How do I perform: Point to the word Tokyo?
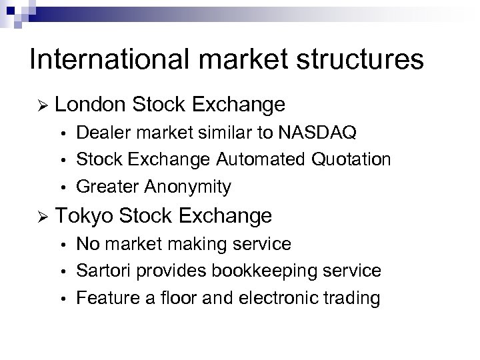click(x=85, y=215)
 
